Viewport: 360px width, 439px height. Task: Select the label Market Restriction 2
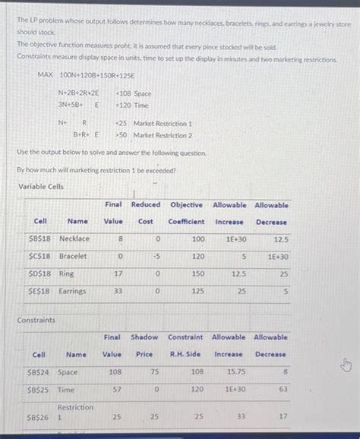click(162, 135)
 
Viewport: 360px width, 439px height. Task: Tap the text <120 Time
click(131, 105)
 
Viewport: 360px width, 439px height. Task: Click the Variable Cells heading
click(40, 187)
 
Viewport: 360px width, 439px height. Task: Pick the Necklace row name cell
click(74, 238)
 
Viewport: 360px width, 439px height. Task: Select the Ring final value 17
click(115, 273)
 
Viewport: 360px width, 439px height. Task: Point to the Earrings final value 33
click(115, 291)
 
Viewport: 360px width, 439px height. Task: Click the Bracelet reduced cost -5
click(155, 256)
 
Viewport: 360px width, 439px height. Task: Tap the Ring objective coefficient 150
click(198, 273)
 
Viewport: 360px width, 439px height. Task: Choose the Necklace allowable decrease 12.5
click(279, 238)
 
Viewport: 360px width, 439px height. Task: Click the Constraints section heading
click(36, 320)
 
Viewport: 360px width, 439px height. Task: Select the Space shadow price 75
click(153, 373)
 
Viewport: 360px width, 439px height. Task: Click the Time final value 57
click(115, 390)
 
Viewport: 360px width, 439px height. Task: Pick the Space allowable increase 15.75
click(235, 373)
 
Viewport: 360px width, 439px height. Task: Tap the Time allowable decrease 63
click(283, 390)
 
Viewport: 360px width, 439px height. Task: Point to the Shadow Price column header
click(144, 345)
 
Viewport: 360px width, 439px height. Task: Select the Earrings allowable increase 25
click(240, 291)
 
